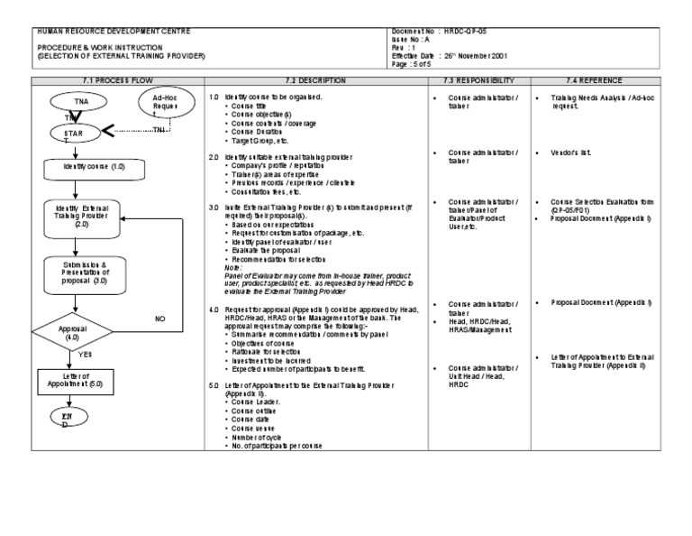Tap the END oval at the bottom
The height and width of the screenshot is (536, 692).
(x=65, y=418)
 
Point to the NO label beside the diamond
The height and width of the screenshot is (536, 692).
(x=161, y=319)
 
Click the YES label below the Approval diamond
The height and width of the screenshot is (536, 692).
(x=85, y=354)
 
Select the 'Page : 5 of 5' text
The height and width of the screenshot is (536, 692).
(x=414, y=65)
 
